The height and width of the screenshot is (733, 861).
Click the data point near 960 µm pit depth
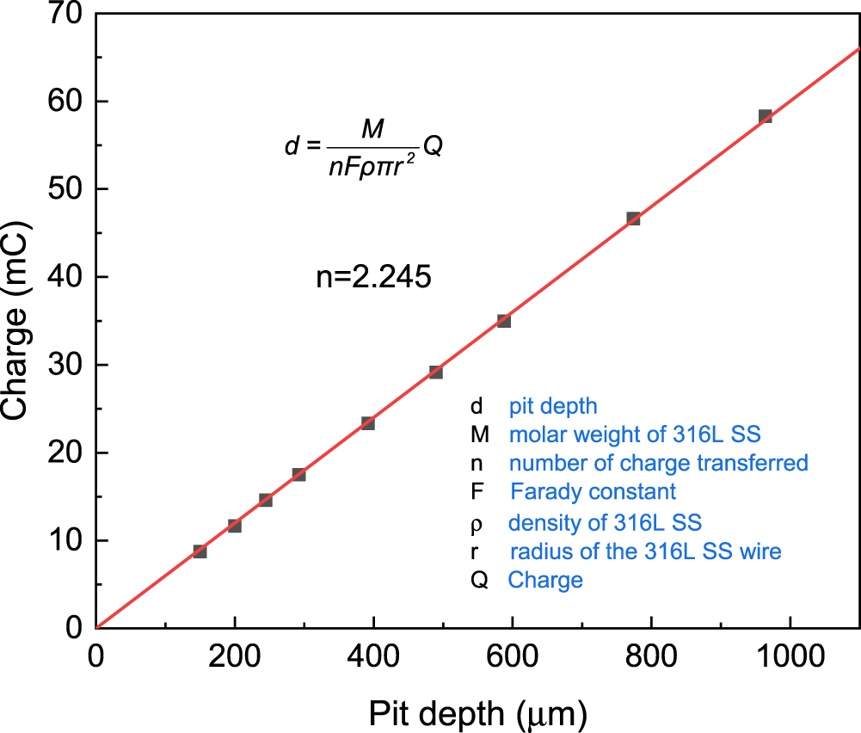765,116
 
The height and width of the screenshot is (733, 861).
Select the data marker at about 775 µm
633,219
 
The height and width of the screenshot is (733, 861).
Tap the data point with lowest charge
200,551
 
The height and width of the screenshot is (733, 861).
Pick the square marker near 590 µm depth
504,321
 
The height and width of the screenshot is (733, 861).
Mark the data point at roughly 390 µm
367,423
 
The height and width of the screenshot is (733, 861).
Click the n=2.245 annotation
371,278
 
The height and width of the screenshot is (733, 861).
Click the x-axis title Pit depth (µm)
478,713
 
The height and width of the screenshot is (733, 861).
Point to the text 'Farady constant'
593,491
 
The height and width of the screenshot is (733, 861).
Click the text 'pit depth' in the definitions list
552,405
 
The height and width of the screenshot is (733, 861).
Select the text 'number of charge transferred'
658,463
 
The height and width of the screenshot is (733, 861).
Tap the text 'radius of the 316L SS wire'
645,551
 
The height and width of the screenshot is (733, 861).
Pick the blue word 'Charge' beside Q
545,580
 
